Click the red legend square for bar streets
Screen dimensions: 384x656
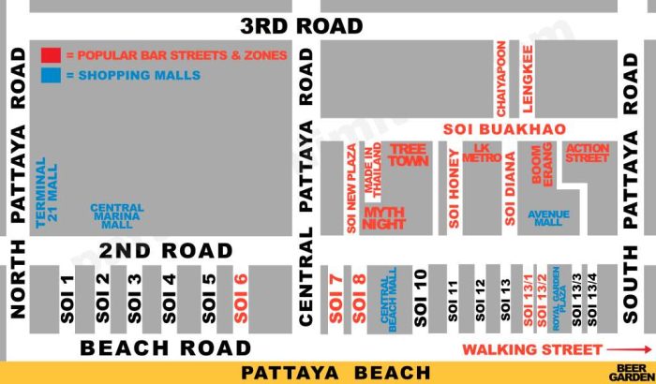(51, 54)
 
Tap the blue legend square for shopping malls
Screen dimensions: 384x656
(51, 75)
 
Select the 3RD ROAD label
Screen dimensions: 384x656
(301, 26)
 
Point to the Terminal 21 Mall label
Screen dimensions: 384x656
(40, 191)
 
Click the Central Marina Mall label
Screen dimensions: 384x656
(117, 217)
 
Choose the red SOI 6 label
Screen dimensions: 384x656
(240, 299)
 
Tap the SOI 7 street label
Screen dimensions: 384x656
(335, 299)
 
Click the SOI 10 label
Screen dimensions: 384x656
(420, 299)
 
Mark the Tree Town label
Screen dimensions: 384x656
(408, 155)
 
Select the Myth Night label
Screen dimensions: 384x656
(383, 218)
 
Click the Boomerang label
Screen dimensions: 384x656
(542, 165)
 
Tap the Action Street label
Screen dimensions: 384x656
(587, 153)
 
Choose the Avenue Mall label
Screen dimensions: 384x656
(549, 218)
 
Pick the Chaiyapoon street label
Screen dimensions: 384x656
(502, 78)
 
